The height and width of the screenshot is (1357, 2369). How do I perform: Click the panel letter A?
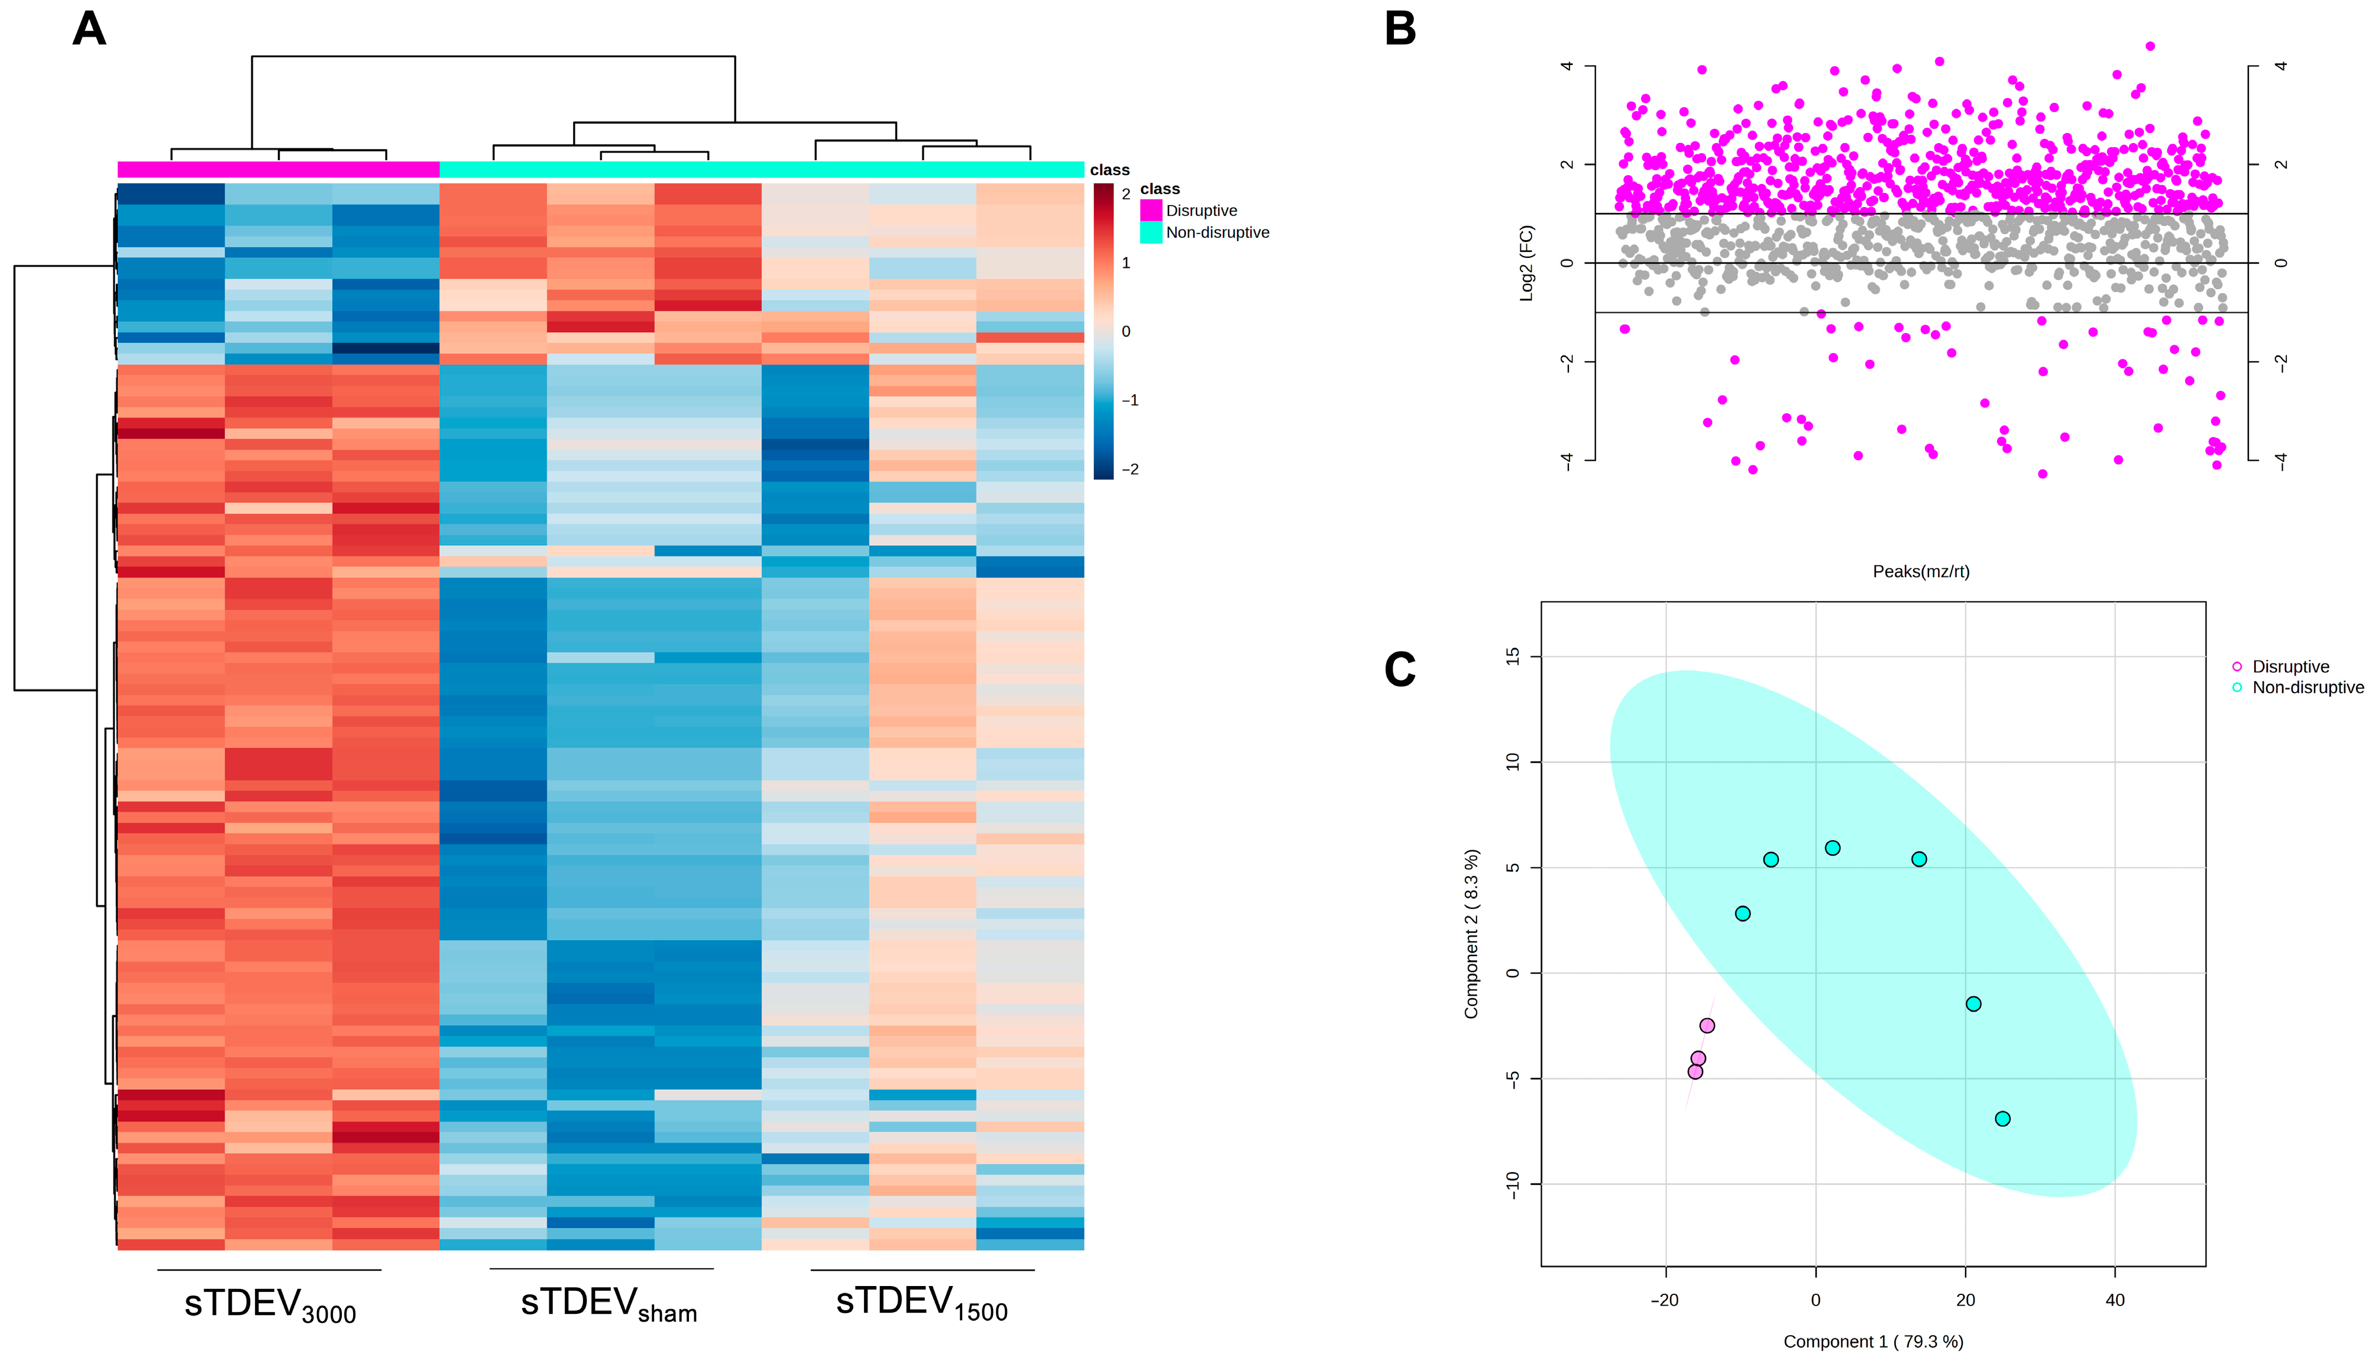[x=89, y=29]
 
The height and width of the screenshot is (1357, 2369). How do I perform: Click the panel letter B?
[x=1400, y=29]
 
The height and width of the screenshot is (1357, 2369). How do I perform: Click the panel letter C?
[x=1400, y=669]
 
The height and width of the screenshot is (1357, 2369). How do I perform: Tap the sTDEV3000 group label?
[x=269, y=1304]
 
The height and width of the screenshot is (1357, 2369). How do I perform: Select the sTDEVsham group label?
[x=608, y=1303]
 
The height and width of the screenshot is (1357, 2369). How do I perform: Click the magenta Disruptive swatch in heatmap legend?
[x=1151, y=210]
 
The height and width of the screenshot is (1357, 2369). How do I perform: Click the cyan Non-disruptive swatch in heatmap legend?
[x=1151, y=232]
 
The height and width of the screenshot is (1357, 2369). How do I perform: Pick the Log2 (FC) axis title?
[x=1526, y=263]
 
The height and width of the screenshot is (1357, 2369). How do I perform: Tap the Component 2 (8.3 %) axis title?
[x=1471, y=933]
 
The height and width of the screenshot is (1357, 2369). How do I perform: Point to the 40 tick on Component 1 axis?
[x=2115, y=1299]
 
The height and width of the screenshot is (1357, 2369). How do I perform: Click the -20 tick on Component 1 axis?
[x=1665, y=1299]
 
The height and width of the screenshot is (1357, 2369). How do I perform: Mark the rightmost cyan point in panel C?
[x=2002, y=1118]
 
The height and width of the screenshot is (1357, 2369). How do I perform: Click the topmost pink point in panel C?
[x=1707, y=1025]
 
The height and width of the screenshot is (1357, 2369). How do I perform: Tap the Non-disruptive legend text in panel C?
[x=2307, y=688]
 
